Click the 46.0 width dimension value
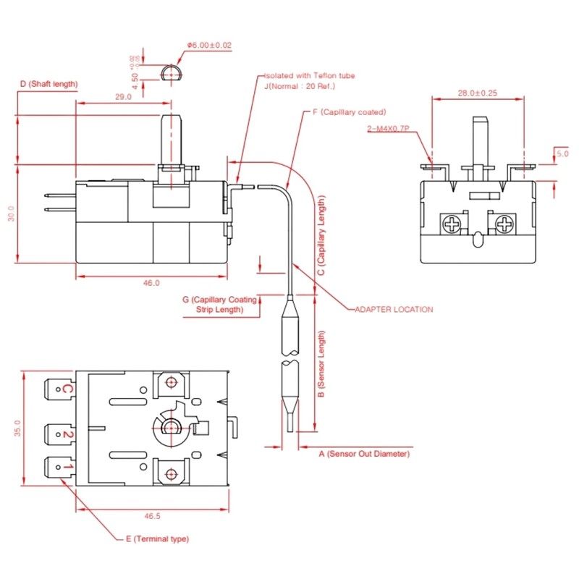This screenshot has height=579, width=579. pos(151,283)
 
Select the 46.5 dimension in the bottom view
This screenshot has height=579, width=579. pos(152,516)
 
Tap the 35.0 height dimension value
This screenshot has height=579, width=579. pos(17,428)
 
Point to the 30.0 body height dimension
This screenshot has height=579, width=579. pos(11,214)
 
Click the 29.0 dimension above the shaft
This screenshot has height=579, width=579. pos(123,97)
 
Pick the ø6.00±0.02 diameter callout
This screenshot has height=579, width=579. pos(209,45)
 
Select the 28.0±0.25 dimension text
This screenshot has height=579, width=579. pos(478,93)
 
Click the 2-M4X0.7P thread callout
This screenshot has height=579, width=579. pos(388,129)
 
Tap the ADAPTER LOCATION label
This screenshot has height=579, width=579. pos(394,310)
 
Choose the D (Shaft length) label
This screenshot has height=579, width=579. pos(48,84)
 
